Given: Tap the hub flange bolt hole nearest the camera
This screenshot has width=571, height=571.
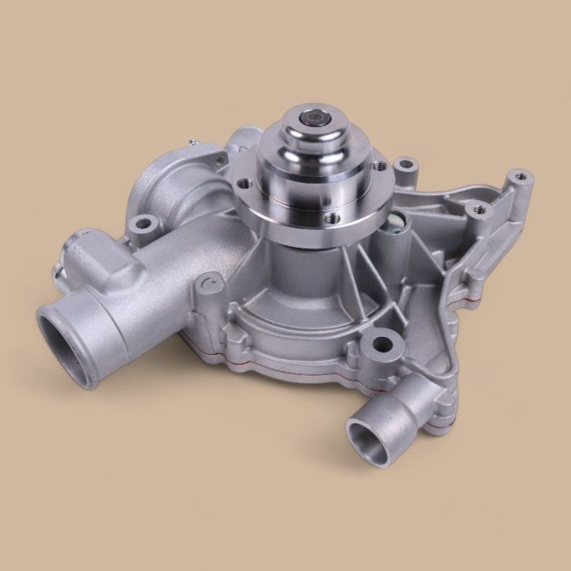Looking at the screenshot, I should point(331,218).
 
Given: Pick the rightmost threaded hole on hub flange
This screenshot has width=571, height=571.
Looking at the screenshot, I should point(380,166).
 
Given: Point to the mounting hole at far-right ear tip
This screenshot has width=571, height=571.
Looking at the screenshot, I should point(518,176).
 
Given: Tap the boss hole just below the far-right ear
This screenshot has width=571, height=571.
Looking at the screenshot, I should point(479,210).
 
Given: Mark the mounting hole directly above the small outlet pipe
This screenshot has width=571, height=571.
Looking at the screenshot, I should point(379,343).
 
